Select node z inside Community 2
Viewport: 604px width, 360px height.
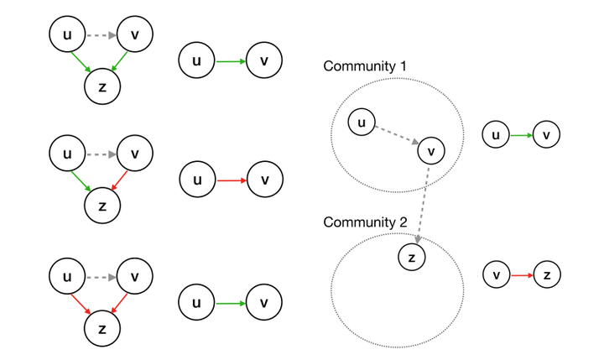pos(411,257)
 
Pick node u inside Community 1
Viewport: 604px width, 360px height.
pos(362,123)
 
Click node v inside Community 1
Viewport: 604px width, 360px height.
pos(430,151)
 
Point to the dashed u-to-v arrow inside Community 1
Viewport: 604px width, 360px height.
pos(396,137)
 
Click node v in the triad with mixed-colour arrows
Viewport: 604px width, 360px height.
pos(135,154)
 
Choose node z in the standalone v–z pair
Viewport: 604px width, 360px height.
pos(546,274)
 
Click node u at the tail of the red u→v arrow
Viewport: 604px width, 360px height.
pos(197,180)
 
